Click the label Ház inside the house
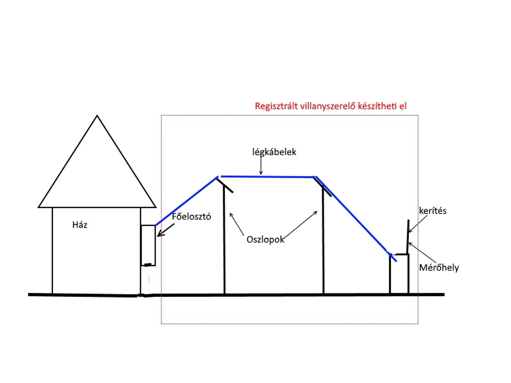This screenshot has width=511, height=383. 80,225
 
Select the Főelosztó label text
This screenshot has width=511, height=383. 191,217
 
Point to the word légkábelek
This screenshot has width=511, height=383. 274,152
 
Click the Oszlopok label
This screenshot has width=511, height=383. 265,239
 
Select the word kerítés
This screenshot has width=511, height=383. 433,211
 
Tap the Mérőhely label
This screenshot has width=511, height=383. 439,267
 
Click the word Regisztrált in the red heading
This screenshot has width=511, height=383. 276,106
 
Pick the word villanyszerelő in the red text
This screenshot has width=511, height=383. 328,106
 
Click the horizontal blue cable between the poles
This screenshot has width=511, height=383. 267,176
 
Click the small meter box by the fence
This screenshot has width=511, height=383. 399,274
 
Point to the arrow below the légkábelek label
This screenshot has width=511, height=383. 261,166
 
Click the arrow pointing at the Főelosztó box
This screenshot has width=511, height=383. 165,230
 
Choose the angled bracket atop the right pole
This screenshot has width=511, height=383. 323,187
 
